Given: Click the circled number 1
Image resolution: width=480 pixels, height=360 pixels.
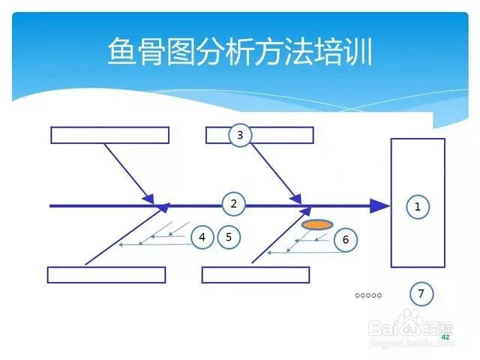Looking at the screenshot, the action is click(418, 207).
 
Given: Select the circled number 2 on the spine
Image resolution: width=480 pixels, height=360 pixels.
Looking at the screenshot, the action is click(233, 204).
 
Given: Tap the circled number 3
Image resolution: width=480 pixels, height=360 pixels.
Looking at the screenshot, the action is click(240, 135).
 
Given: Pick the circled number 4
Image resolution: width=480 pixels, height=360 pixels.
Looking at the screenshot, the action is click(202, 237).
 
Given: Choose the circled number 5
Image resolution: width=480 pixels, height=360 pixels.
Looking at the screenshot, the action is click(229, 237).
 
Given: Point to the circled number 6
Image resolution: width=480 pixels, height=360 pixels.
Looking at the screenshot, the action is click(346, 240).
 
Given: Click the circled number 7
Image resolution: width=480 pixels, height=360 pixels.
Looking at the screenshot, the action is click(421, 294).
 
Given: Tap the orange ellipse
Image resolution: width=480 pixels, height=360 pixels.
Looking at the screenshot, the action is click(317, 225).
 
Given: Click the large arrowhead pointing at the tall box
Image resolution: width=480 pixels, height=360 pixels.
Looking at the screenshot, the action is click(380, 206).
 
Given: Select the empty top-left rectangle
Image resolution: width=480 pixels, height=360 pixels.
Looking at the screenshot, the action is click(110, 135).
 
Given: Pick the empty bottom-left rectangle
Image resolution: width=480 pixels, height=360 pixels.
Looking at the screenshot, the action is click(106, 275).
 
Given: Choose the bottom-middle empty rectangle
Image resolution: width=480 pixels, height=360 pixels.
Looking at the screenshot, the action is click(256, 275).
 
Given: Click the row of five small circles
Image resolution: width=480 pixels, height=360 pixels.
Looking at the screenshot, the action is click(368, 295).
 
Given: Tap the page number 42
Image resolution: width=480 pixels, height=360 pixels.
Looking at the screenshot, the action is click(445, 337).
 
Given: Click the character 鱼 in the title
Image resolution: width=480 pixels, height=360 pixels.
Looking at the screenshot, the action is click(121, 51).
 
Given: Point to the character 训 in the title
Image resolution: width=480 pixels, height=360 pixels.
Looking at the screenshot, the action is click(358, 51).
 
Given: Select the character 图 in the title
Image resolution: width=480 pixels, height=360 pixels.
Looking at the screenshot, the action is click(181, 51).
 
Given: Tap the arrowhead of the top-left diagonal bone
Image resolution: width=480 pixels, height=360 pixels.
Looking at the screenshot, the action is click(149, 199).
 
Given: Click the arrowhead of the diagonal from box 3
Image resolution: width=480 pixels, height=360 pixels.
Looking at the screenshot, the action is click(297, 199).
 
